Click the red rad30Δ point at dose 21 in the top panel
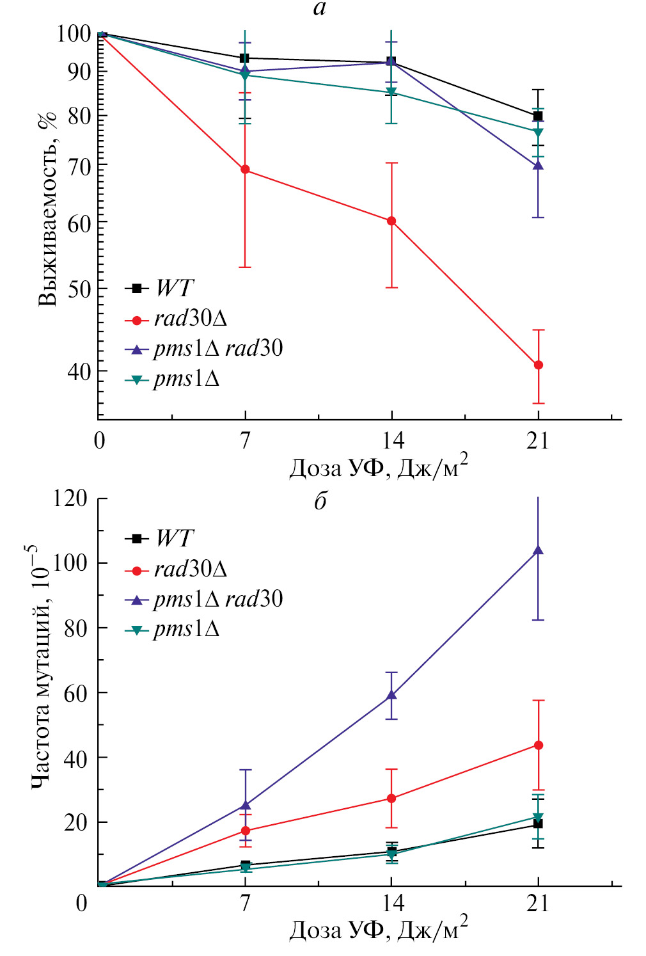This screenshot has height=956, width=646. pos(539,365)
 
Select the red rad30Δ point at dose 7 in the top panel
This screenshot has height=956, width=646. pos(245,170)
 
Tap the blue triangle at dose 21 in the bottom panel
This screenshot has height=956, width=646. pos(539,550)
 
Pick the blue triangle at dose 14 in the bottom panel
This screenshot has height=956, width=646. pos(391,694)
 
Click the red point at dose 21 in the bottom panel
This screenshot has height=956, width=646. pos(539,745)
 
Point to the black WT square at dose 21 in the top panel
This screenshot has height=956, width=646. pos(538,116)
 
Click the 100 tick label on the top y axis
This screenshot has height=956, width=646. pos(74,33)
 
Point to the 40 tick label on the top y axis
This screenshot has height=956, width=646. pos(79,371)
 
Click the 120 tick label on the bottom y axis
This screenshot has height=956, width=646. pos(70,498)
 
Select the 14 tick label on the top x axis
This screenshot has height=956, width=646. pos(392,440)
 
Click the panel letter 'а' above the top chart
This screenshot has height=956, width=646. pos(320,8)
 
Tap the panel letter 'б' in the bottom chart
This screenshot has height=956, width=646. pos(320,501)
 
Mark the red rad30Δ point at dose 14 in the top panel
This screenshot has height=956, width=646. pos(391,221)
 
